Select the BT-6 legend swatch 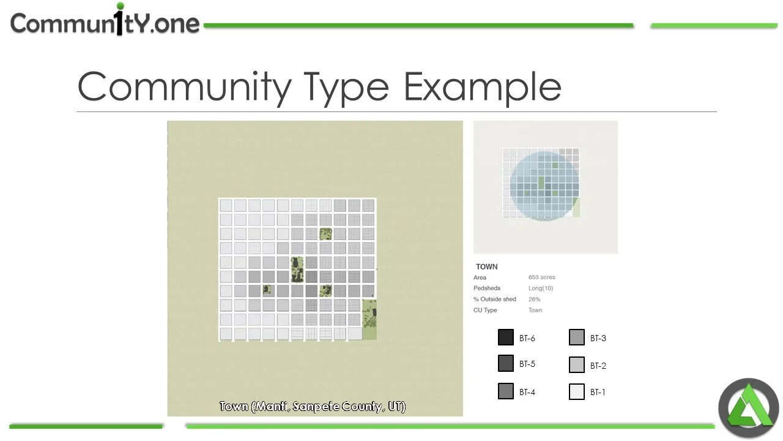506,337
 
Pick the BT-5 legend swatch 506,364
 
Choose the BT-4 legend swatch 506,391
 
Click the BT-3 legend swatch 577,337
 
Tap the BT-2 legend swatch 577,365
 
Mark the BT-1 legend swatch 577,392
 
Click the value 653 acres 542,277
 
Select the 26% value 535,300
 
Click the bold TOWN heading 487,266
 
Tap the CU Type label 485,311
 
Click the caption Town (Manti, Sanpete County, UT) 313,407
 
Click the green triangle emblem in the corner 749,409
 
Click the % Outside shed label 495,300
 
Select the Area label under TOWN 480,277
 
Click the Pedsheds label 487,288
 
